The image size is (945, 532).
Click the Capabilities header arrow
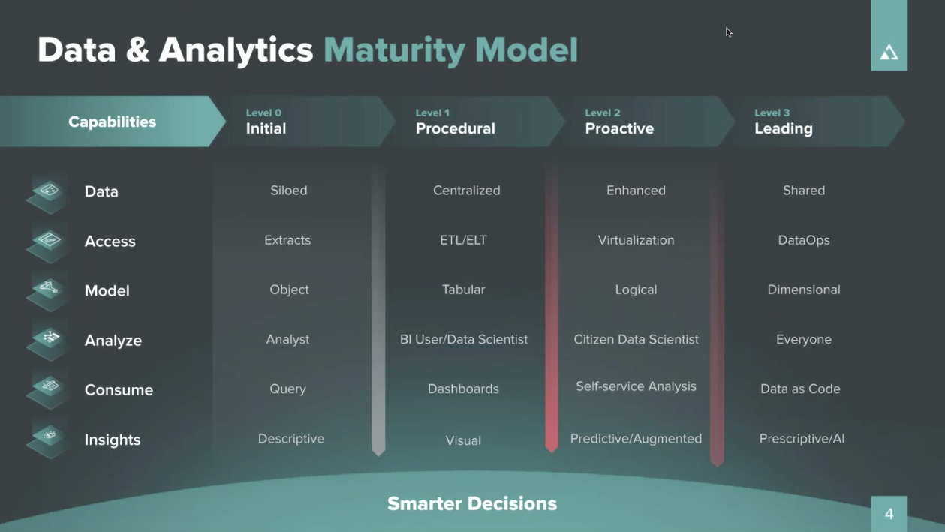coord(112,122)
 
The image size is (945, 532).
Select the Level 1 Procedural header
coord(455,122)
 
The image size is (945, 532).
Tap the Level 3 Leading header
coord(783,122)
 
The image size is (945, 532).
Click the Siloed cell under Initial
coord(289,191)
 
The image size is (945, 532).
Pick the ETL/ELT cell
coord(463,240)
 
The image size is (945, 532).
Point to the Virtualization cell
coord(636,240)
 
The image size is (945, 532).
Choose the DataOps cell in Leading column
coord(804,240)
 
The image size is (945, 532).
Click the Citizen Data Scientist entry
coord(636,339)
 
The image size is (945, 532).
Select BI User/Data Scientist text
coord(463,339)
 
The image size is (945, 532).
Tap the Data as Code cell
coord(800,389)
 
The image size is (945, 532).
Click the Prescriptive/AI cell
coord(802,439)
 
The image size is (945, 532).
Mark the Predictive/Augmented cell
coord(636,439)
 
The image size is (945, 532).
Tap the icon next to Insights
coord(48,437)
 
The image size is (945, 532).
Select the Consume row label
coord(119,390)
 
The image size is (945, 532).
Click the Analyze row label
coord(113,341)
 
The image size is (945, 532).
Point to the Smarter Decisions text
coord(472,503)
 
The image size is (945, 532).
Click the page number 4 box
coord(889,514)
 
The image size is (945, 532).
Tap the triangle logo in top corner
coord(889,52)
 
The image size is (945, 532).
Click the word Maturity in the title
coord(394,50)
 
